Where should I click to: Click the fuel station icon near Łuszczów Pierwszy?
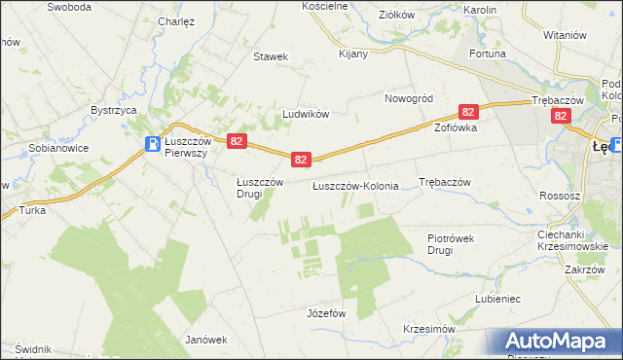[x=154, y=145]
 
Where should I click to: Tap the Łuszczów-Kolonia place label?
[x=355, y=185]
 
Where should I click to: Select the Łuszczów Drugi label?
[x=260, y=187]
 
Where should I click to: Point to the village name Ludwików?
[x=306, y=114]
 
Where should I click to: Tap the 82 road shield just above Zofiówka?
[x=469, y=113]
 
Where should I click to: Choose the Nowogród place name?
[x=408, y=98]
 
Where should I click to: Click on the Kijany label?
[x=353, y=54]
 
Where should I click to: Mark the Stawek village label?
[x=271, y=56]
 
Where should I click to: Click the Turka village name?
[x=32, y=210]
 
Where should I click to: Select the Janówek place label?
[x=206, y=340]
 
